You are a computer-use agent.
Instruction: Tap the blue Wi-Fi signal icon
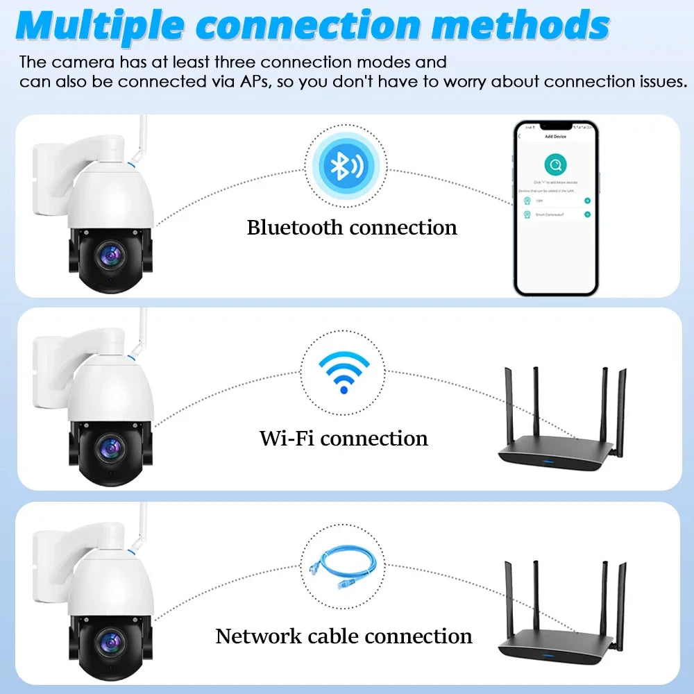coord(344,373)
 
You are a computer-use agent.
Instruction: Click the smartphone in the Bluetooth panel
coord(555,208)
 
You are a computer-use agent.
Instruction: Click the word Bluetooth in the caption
coord(296,228)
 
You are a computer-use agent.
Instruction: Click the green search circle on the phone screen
coord(555,165)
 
